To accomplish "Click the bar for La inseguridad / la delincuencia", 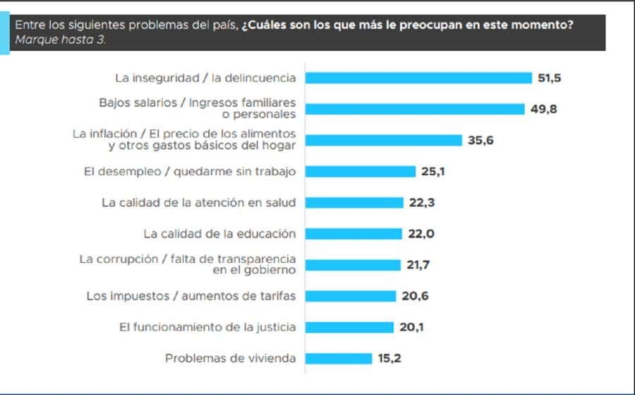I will coord(418,78).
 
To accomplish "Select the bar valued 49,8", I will coord(415,109).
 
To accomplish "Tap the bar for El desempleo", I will coord(361,171).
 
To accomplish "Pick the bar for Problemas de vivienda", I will coord(339,358).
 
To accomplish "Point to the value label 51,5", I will coord(549,78).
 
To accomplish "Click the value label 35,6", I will coord(480,140).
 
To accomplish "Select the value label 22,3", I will coord(421,202).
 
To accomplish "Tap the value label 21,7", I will coord(418,265).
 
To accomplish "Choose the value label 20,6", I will coord(414,296).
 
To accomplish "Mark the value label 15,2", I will coord(390,358).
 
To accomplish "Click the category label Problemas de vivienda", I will coord(230,358).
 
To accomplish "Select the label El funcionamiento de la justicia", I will coord(207,327).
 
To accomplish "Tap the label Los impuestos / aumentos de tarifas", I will coord(191,296).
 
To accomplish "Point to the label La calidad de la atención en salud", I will coord(198,202).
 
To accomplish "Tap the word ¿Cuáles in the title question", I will coord(265,25).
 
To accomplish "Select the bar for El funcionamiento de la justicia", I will coord(350,327).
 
